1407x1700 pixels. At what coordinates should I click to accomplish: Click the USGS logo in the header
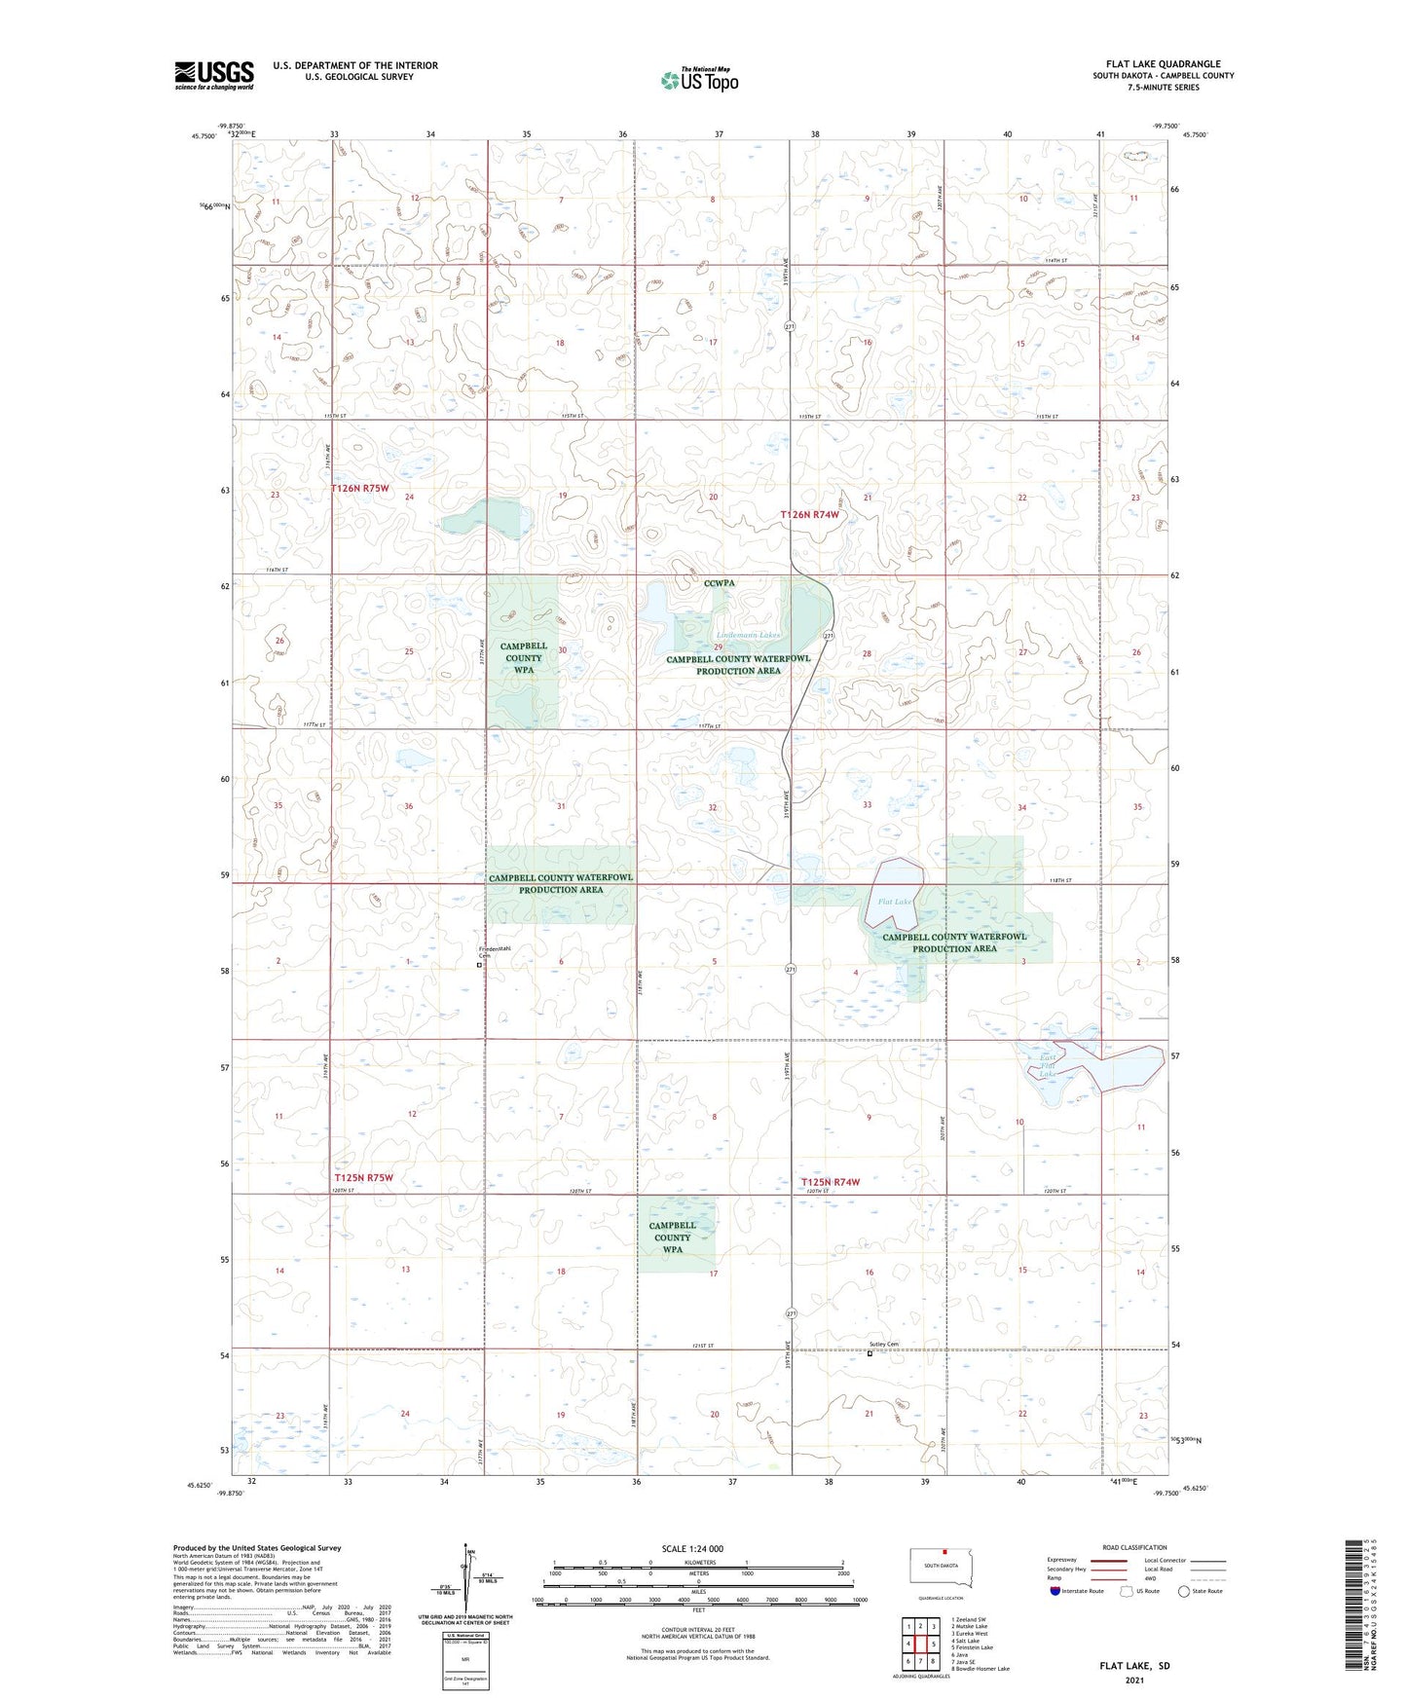[214, 75]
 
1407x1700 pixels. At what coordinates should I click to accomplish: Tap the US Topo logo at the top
[699, 80]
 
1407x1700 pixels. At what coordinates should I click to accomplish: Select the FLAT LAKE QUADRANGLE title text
[1163, 64]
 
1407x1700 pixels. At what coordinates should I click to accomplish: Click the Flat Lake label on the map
[895, 902]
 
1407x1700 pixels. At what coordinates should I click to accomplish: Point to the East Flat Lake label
[1047, 1066]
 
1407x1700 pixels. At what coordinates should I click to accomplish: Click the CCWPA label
[720, 583]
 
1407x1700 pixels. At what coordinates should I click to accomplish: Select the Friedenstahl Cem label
[494, 951]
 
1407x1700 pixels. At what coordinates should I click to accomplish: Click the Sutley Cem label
[884, 1346]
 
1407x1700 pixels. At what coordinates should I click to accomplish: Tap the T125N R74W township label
[831, 1182]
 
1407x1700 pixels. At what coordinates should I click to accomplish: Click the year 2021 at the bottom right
[1134, 1680]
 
